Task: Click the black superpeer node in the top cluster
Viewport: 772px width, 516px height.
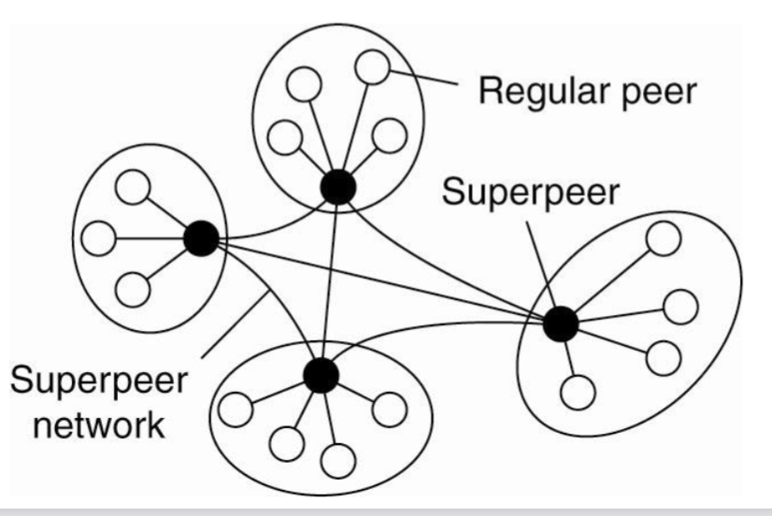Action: pos(337,187)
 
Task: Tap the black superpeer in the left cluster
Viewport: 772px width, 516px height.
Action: pos(200,239)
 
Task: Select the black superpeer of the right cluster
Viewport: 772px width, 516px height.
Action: pos(561,323)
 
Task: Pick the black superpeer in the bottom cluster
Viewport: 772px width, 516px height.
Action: pos(320,375)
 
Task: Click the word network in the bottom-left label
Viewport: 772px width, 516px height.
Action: pos(89,426)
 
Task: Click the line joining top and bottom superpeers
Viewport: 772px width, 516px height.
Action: pos(329,280)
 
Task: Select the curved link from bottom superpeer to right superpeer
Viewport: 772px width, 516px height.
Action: pos(439,326)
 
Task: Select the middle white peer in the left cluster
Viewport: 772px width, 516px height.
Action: pos(97,239)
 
